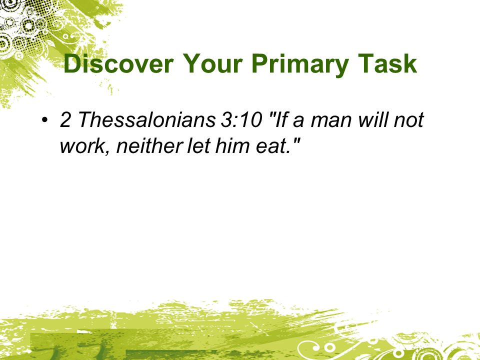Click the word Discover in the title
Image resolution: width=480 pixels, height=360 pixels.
[x=118, y=63]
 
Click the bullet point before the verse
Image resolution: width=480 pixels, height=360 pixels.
[x=44, y=119]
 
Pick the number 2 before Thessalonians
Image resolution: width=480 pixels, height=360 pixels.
[x=65, y=119]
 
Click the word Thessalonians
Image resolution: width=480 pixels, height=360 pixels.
[x=147, y=119]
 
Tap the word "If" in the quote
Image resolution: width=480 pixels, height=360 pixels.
[x=281, y=119]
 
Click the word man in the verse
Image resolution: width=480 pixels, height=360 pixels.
[x=331, y=121]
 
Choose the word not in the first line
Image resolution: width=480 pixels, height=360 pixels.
[x=408, y=120]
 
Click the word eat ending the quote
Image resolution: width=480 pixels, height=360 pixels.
[x=270, y=146]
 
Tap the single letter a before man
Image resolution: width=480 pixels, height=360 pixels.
[x=298, y=121]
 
